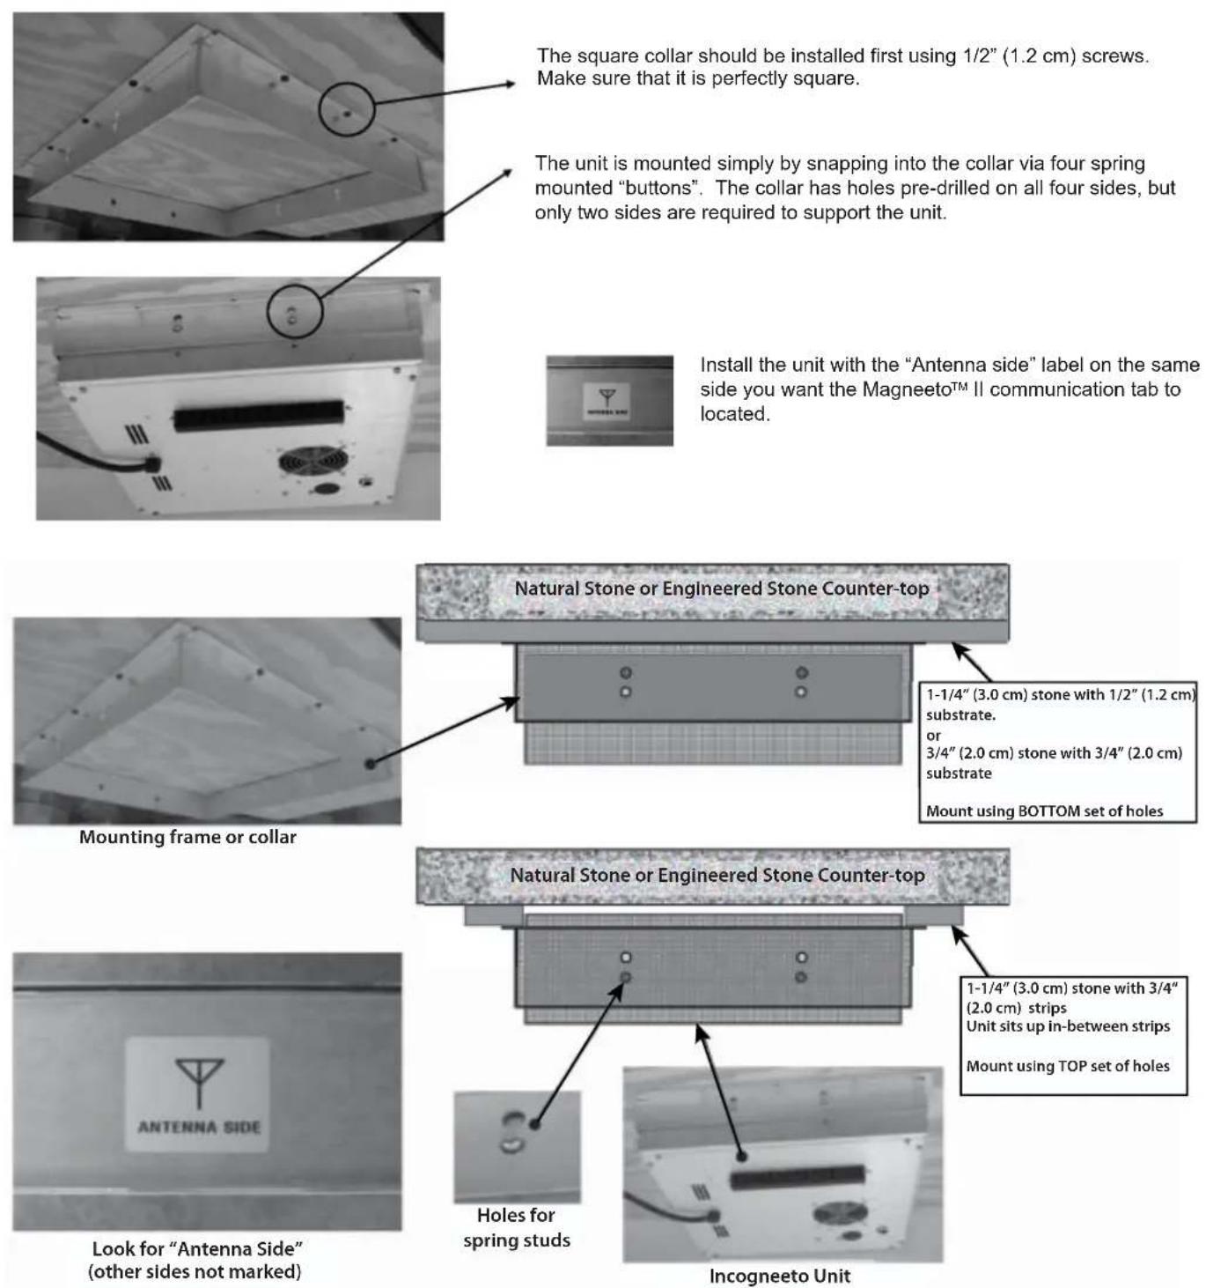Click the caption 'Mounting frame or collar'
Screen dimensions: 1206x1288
coord(188,837)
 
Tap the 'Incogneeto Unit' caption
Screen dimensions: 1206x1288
coord(780,1276)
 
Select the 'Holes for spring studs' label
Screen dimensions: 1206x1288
coord(517,1227)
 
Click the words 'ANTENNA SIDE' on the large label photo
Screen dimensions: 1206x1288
coord(199,1127)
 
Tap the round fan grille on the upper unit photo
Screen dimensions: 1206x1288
coord(313,461)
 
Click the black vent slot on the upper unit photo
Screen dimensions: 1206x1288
coord(258,415)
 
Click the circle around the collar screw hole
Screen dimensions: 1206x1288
coord(347,108)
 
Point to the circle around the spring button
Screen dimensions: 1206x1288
coord(295,311)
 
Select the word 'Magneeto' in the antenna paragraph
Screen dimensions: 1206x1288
coord(905,389)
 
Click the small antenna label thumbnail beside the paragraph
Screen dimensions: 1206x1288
coord(609,400)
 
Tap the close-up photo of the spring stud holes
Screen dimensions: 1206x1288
coord(517,1147)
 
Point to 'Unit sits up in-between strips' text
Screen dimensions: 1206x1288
coord(1068,1026)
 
